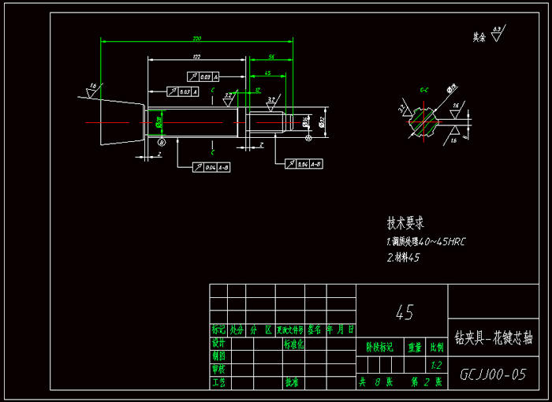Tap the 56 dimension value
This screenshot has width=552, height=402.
pos(271,57)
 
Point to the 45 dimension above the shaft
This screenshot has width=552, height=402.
pos(268,73)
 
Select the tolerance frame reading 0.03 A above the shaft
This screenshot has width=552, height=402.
pos(203,76)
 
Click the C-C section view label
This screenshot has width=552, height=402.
pos(423,91)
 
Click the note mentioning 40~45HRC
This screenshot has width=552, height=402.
pos(426,241)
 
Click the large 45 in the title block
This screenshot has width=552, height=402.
pos(403,312)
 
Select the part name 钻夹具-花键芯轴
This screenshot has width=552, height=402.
pos(494,337)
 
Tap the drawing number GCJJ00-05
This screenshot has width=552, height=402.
pos(493,374)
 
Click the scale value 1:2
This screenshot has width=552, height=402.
pos(436,365)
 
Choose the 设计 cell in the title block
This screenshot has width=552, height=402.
pos(218,344)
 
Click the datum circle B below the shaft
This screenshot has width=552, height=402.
pos(162,142)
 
